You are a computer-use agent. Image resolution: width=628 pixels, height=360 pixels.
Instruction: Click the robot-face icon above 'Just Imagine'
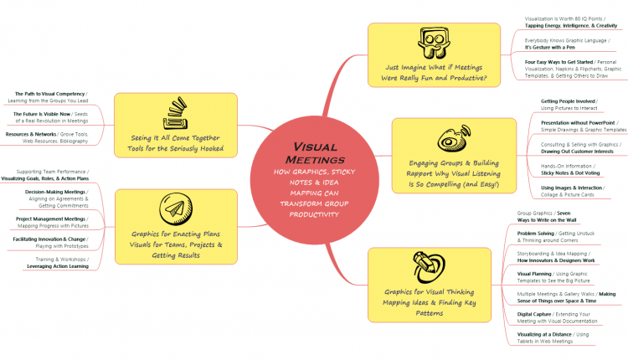coord(430,46)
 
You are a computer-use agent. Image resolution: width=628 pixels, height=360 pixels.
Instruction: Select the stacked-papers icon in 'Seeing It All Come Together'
coord(175,113)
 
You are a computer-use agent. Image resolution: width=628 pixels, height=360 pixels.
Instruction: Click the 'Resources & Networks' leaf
coord(47,138)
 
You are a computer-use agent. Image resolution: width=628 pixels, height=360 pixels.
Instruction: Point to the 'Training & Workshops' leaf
coord(58,263)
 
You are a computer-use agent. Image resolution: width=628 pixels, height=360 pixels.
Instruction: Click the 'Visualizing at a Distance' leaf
coord(553,338)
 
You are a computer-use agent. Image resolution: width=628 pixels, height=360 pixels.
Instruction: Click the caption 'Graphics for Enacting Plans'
coord(176,234)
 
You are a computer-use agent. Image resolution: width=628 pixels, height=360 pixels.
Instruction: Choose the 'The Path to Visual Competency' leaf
coord(51,97)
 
